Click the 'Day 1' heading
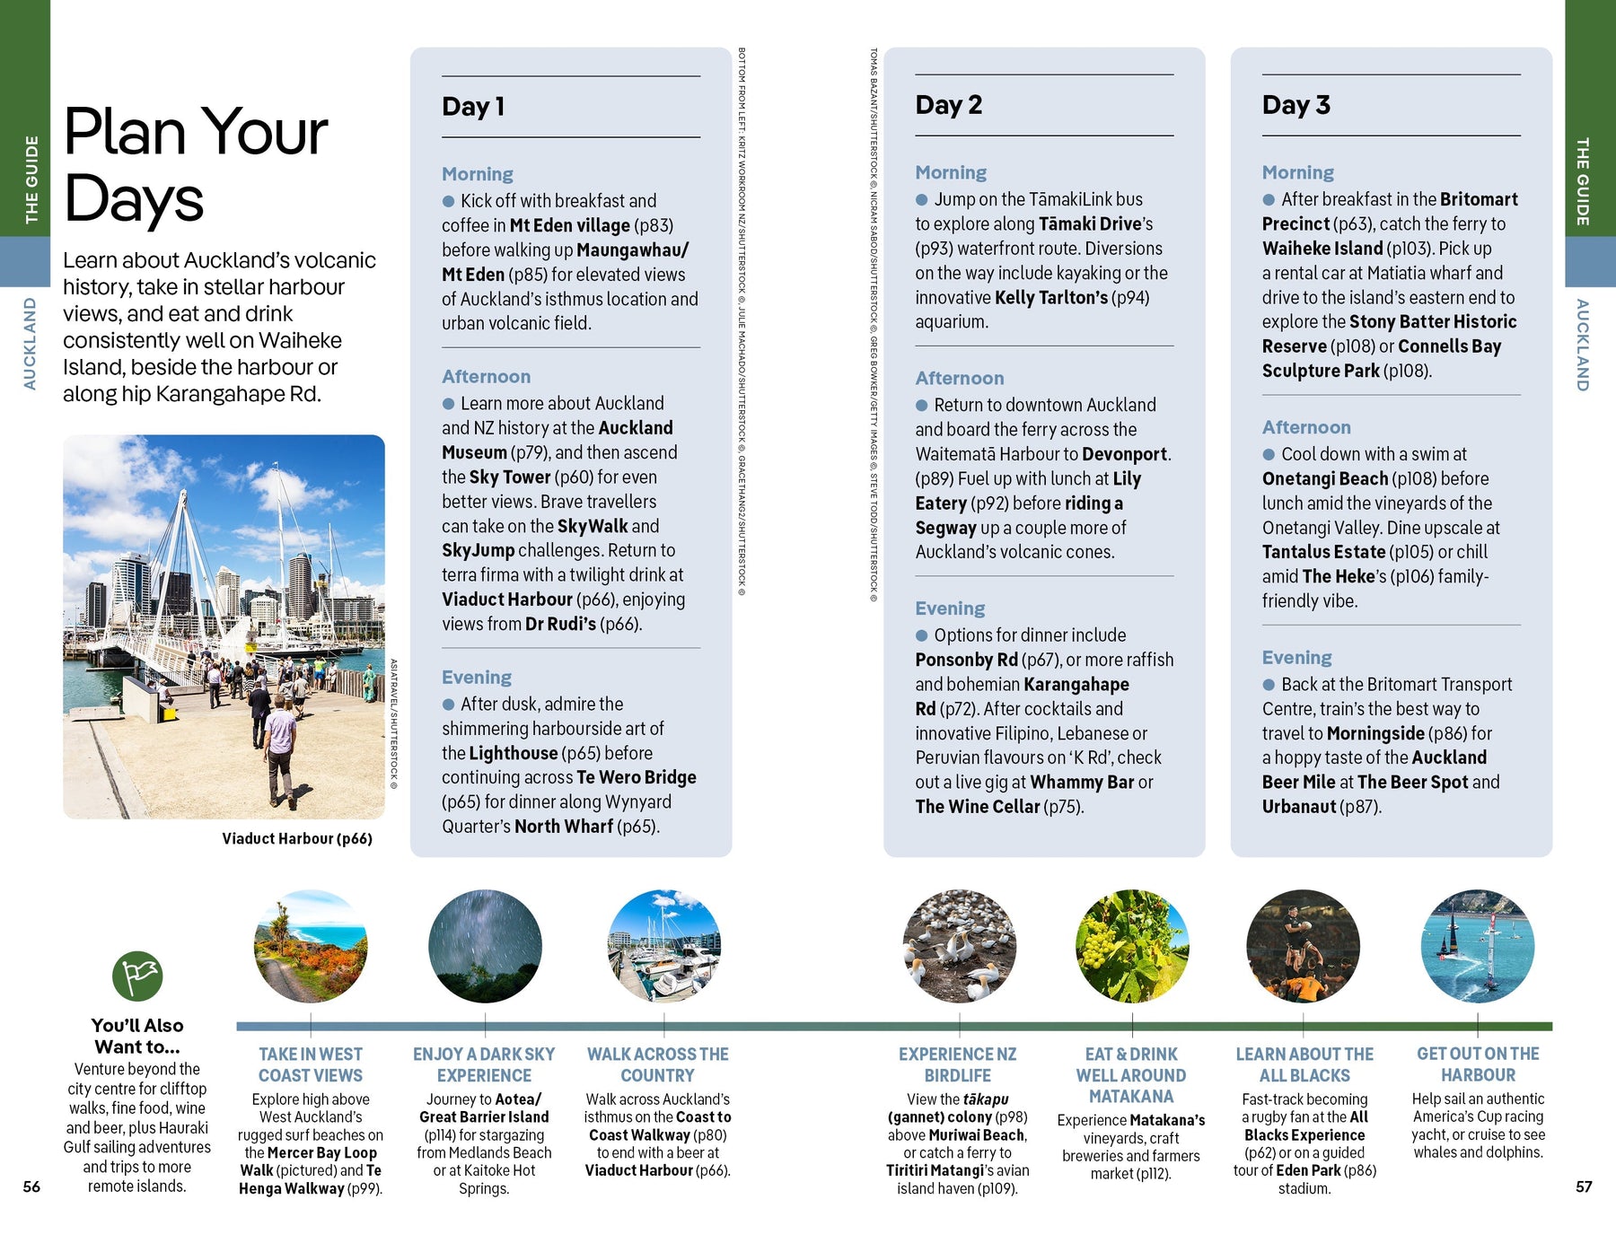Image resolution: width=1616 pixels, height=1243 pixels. click(473, 107)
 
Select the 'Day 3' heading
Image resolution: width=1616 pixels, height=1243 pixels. click(1295, 105)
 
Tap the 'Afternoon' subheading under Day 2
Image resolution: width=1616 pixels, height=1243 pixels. click(959, 378)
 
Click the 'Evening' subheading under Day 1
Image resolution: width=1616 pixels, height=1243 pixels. click(476, 678)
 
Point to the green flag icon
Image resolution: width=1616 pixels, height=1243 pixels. click(137, 976)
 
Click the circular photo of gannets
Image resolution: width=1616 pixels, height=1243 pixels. click(959, 946)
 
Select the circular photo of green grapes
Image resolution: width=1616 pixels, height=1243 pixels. click(1132, 946)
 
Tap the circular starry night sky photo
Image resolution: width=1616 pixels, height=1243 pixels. click(485, 946)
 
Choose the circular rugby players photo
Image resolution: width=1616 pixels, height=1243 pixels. click(1303, 946)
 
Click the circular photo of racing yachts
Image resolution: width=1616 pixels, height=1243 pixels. click(1477, 946)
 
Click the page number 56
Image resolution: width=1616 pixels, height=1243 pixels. click(31, 1186)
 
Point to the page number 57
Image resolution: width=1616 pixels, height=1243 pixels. click(1584, 1186)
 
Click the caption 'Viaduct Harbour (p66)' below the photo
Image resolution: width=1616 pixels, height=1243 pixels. click(297, 838)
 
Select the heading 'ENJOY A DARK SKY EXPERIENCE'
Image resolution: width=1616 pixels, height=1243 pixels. click(484, 1064)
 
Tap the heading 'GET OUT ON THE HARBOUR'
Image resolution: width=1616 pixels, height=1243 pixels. click(1478, 1064)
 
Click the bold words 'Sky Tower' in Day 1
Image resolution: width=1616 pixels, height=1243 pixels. click(509, 477)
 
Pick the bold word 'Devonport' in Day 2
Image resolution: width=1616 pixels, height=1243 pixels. click(1124, 454)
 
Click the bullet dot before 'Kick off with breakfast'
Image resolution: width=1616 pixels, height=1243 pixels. click(448, 201)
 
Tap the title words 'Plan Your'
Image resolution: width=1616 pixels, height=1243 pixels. click(196, 133)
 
